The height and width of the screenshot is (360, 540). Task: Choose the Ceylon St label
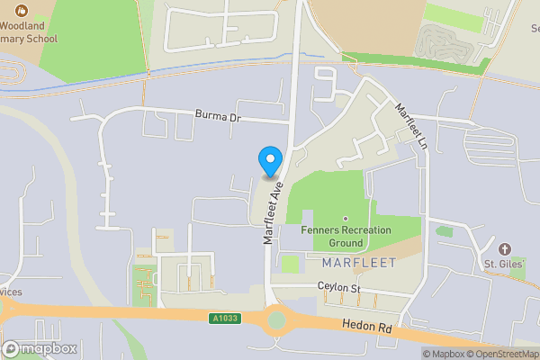[x=338, y=288]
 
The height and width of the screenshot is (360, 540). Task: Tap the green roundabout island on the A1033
[x=276, y=319]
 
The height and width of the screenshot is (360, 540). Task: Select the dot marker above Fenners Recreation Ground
[x=346, y=219]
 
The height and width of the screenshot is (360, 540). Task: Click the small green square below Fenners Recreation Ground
[x=290, y=264]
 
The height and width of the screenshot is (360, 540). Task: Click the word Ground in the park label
[x=346, y=243]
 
